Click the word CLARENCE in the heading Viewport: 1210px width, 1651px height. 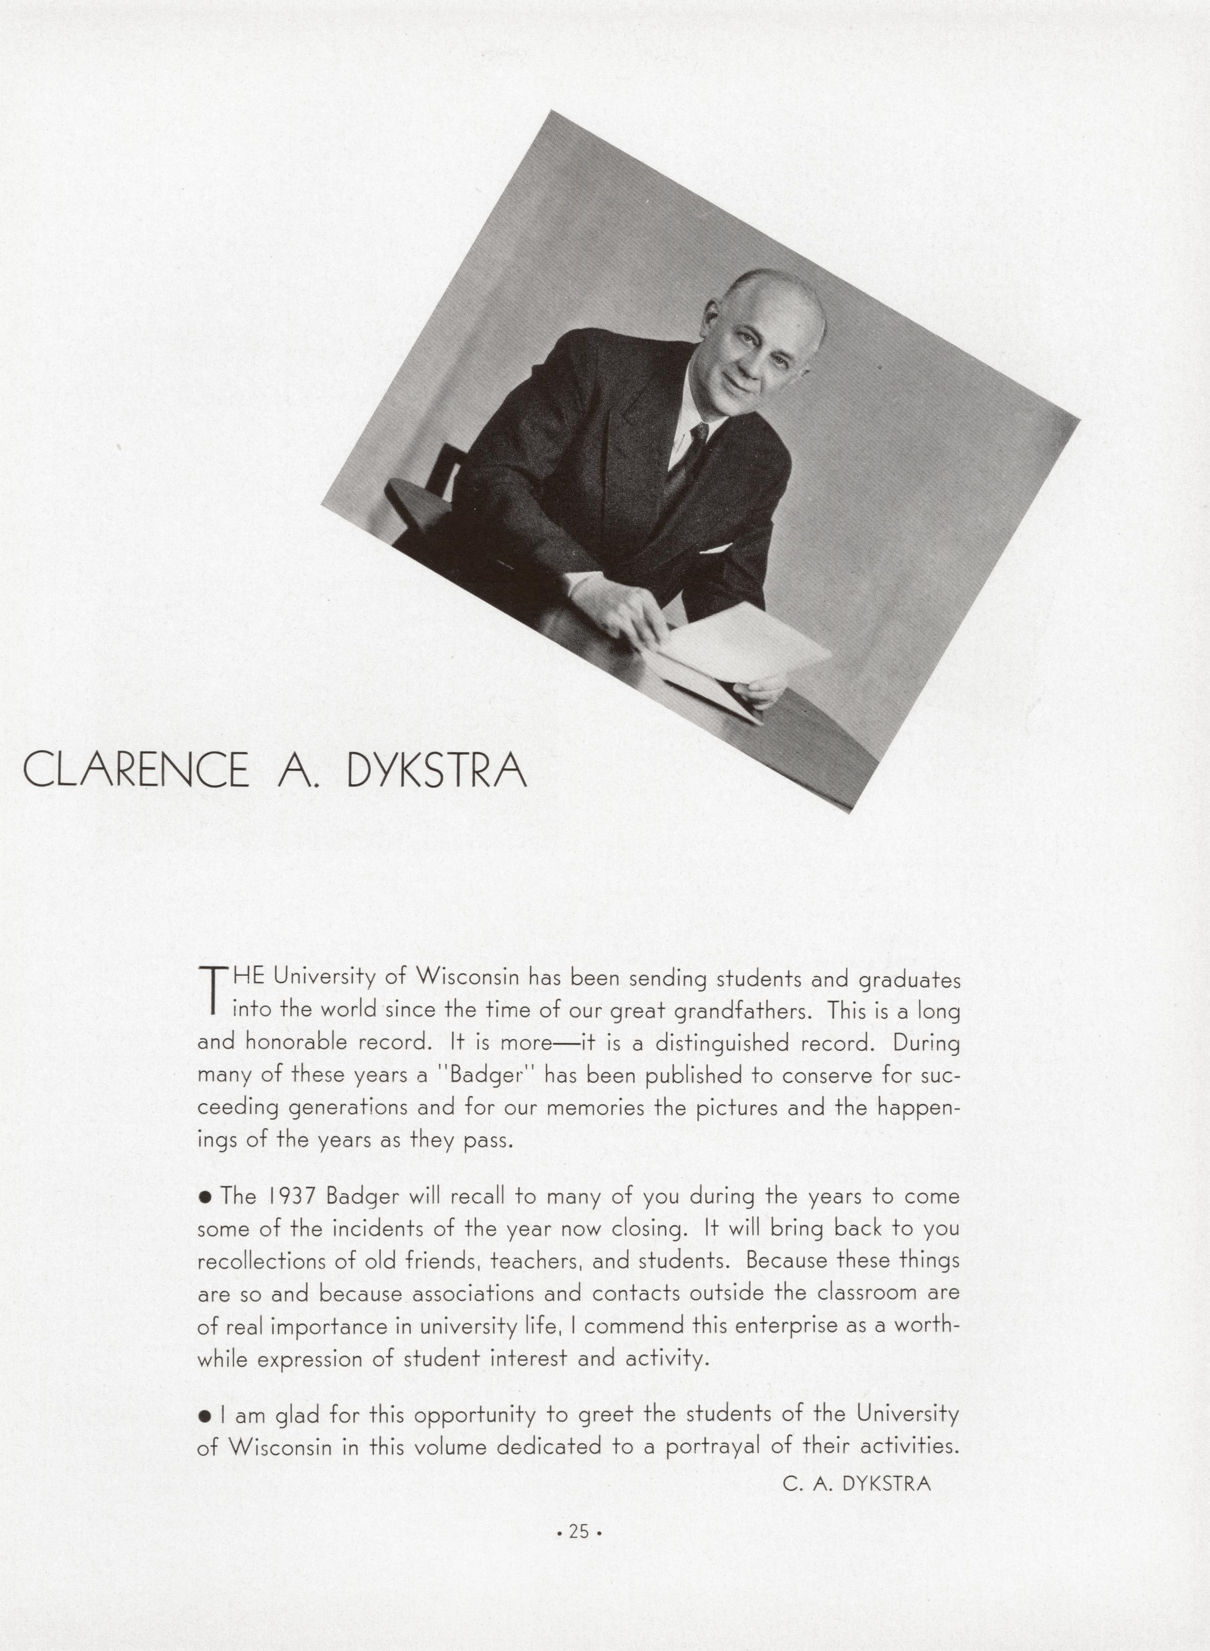pos(135,770)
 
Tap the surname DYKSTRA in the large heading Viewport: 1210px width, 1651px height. pos(437,770)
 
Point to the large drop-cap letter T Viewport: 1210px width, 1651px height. pos(210,992)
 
